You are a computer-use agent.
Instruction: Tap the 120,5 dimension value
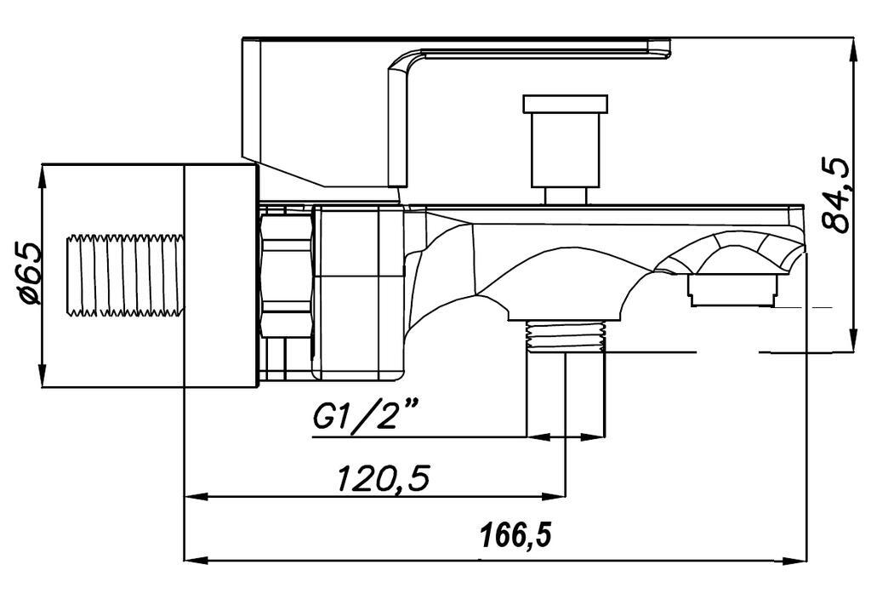[384, 478]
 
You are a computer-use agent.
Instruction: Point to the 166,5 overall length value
[516, 536]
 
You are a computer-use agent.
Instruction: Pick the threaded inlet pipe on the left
[125, 276]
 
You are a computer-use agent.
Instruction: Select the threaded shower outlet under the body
[566, 337]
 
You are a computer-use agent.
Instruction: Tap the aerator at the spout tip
[732, 291]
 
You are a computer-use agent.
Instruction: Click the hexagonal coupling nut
[286, 277]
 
